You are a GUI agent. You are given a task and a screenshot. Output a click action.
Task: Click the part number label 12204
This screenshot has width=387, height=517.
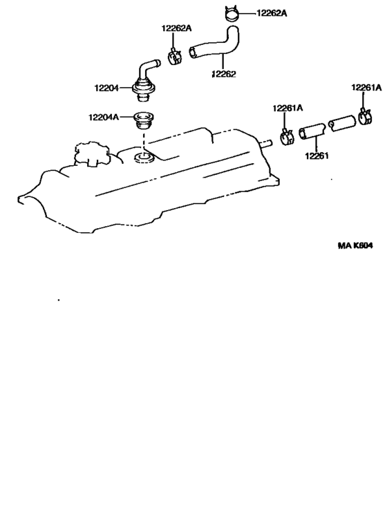tap(106, 88)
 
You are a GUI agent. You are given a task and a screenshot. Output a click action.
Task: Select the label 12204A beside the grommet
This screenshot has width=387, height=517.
tap(103, 117)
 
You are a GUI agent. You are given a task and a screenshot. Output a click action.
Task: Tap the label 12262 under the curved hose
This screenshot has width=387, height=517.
tap(224, 74)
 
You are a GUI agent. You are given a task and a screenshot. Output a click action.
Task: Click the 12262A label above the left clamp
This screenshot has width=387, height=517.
tap(176, 28)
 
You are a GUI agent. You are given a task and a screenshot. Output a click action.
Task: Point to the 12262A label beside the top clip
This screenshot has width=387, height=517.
tap(272, 13)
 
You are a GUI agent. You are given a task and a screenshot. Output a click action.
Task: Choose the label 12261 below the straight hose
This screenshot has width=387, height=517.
tap(317, 156)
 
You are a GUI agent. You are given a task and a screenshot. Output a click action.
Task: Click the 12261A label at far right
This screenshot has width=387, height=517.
tap(366, 87)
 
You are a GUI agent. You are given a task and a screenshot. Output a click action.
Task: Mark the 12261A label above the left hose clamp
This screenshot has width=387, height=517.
tap(287, 108)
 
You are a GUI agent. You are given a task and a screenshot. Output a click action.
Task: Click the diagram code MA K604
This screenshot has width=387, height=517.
tap(355, 245)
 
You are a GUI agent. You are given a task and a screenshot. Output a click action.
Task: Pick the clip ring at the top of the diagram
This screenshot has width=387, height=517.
tap(231, 13)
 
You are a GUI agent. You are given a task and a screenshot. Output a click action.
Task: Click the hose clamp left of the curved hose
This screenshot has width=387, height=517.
tap(175, 57)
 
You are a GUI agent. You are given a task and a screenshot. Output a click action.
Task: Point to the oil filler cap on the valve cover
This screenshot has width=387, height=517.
tap(91, 153)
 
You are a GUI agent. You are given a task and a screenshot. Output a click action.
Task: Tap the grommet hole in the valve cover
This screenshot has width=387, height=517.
tap(144, 158)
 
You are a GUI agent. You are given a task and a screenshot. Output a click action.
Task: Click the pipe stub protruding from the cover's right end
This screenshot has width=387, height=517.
tap(265, 143)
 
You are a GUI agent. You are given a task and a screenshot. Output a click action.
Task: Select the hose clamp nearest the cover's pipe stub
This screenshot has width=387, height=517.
tap(287, 136)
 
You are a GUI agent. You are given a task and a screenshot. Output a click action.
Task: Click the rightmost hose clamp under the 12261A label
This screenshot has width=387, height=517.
tap(365, 117)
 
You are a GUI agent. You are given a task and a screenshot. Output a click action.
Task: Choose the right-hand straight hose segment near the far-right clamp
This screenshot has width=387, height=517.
tap(342, 123)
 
